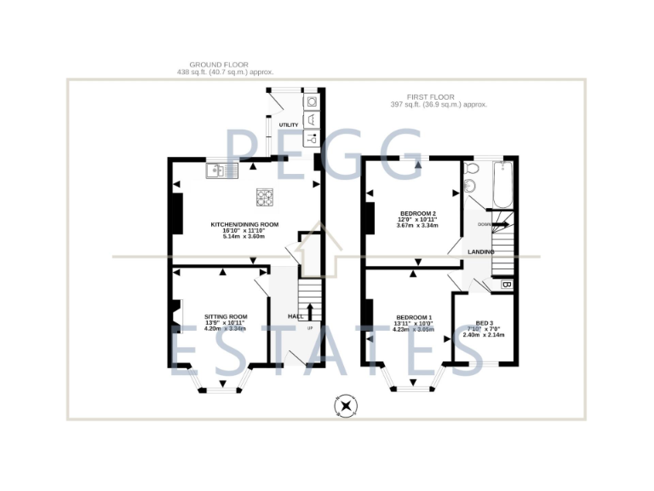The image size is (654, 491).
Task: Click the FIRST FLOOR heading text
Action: click(x=433, y=95)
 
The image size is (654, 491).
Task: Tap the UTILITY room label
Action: click(x=288, y=125)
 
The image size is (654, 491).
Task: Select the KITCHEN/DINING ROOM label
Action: click(x=244, y=225)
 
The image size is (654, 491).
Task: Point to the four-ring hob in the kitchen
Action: click(x=265, y=199)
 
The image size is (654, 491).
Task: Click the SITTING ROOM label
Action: click(x=225, y=316)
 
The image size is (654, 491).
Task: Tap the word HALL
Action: click(x=295, y=316)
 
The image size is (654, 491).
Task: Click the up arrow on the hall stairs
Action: click(x=310, y=309)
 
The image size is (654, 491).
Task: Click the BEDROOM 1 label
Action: click(x=413, y=317)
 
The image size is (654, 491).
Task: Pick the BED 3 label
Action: click(x=485, y=323)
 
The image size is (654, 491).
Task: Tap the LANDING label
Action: click(x=481, y=252)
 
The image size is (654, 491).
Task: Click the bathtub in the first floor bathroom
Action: click(x=502, y=186)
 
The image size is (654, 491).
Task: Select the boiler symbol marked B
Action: click(x=506, y=284)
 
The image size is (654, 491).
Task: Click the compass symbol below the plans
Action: click(x=346, y=406)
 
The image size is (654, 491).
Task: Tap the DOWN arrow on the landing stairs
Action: click(x=499, y=224)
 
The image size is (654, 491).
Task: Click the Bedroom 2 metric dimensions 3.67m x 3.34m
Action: click(x=417, y=226)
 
